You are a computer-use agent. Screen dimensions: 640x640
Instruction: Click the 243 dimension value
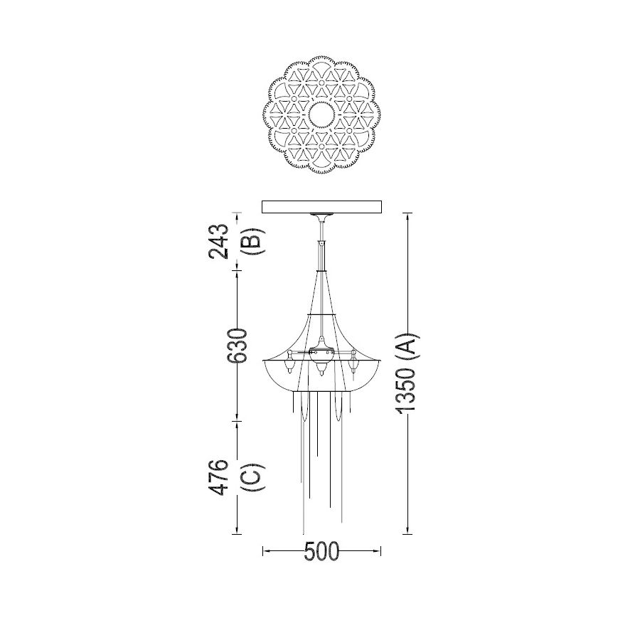click(218, 241)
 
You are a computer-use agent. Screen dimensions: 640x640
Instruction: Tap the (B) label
click(252, 241)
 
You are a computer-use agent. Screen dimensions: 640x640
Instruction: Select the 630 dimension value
click(237, 346)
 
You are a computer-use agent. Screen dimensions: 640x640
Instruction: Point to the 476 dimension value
click(218, 477)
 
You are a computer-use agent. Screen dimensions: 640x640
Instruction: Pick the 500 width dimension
click(321, 551)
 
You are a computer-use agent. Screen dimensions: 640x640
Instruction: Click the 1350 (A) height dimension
click(406, 373)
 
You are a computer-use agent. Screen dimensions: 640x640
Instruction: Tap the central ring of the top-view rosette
click(321, 114)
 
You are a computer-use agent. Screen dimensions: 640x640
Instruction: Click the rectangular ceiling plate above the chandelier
click(321, 206)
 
